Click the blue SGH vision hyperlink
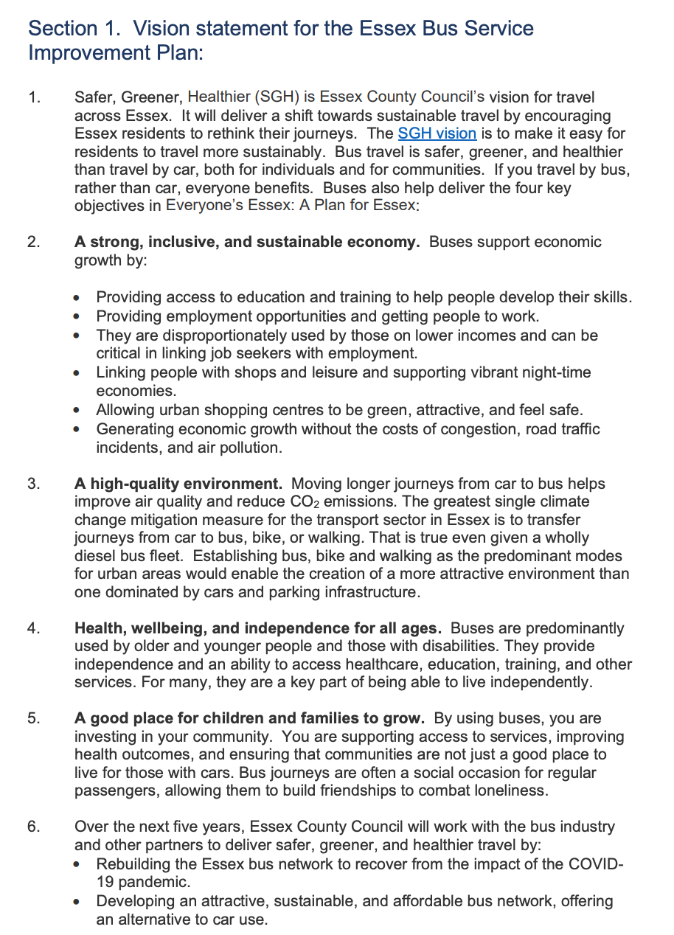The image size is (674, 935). pos(437,133)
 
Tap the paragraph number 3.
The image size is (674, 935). pos(34,484)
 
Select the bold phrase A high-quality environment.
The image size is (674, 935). pos(178,484)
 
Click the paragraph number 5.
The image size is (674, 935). pos(34,718)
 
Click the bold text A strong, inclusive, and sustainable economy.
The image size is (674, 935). pos(247,242)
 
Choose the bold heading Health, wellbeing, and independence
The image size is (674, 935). pos(258,628)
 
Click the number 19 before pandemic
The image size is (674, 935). pos(105,881)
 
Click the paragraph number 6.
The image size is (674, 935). pos(34,827)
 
